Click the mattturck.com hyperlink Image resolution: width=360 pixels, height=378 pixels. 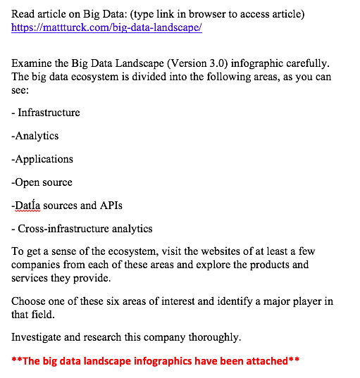pos(106,28)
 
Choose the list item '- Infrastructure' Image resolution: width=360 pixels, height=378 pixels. pos(46,113)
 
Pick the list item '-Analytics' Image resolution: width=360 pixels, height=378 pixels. pos(35,136)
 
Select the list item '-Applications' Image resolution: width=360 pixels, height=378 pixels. pos(42,159)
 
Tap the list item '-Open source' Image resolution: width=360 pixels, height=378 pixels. pos(42,182)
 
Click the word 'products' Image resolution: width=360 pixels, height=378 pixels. pos(285,265)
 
